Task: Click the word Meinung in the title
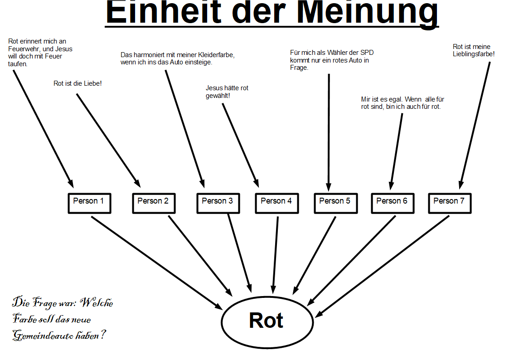coord(368,13)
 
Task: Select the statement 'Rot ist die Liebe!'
coord(78,83)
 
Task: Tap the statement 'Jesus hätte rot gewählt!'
coord(227,92)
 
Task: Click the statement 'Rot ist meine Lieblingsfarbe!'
coord(474,50)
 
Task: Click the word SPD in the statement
coord(367,53)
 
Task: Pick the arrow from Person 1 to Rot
coord(157,263)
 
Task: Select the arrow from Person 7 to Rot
coord(382,267)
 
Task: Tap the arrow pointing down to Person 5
coord(329,132)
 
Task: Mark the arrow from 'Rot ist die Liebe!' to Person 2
coord(109,141)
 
